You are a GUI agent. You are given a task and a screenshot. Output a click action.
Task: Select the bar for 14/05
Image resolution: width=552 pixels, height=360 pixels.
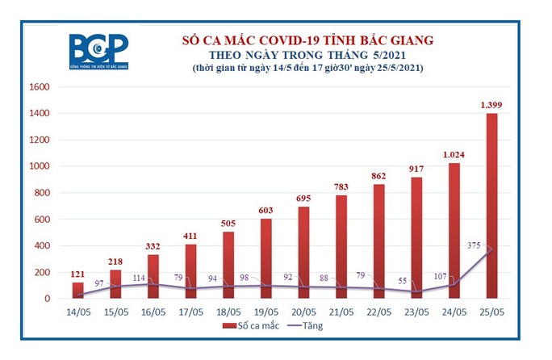point(78,290)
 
